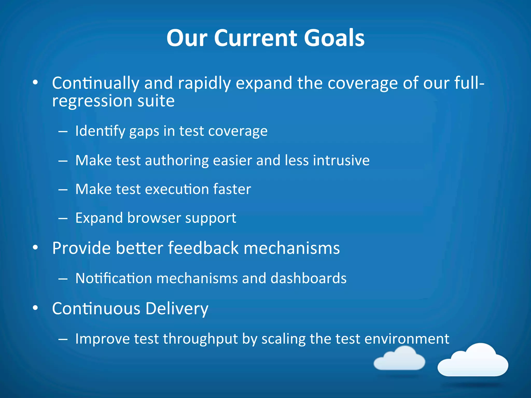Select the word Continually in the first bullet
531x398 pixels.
tap(96, 83)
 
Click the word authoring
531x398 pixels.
tap(177, 160)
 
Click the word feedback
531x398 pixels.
tap(203, 248)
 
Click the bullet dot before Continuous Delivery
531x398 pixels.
tap(35, 308)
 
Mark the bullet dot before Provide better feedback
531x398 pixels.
tap(35, 248)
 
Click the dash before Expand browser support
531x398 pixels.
tap(63, 218)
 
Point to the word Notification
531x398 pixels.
tap(113, 278)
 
